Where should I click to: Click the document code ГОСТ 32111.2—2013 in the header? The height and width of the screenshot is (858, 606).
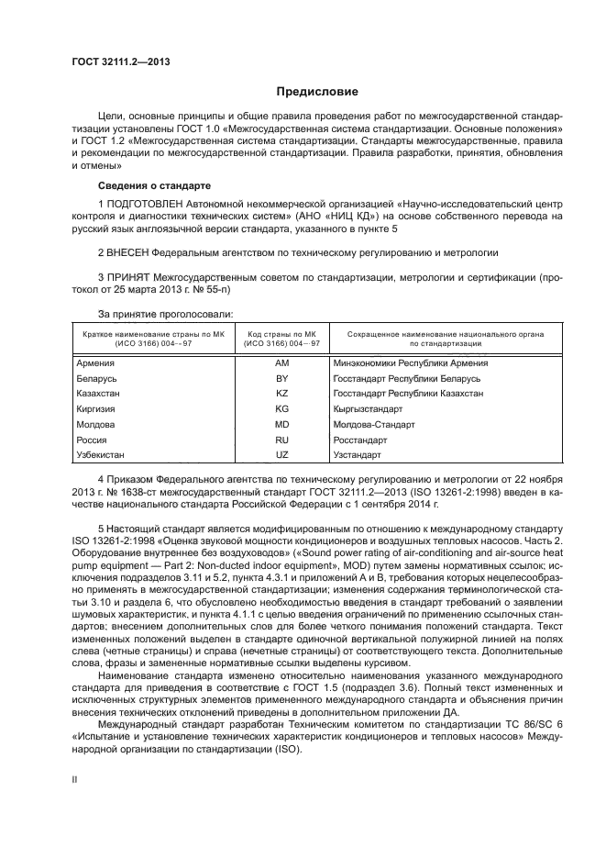pyautogui.click(x=120, y=61)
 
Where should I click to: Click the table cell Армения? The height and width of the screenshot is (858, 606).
pyautogui.click(x=96, y=363)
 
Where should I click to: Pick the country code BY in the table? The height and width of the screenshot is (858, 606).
pyautogui.click(x=281, y=378)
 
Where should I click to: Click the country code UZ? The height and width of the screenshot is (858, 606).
pyautogui.click(x=281, y=454)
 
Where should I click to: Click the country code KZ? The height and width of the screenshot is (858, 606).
pyautogui.click(x=281, y=394)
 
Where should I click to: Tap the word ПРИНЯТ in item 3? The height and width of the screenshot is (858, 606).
pyautogui.click(x=128, y=275)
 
